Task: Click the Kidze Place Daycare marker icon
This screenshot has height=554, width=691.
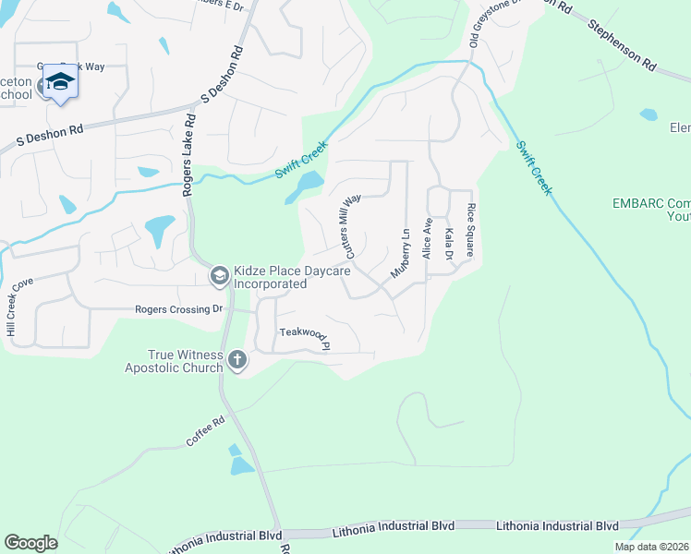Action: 219,274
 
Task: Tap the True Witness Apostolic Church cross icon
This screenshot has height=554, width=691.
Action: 236,360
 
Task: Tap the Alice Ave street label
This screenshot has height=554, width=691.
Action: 427,238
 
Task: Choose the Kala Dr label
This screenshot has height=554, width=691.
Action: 448,243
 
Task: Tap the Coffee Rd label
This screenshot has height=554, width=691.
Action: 205,432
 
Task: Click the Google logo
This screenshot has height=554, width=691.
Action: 31,543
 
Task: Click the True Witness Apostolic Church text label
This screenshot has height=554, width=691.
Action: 174,361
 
